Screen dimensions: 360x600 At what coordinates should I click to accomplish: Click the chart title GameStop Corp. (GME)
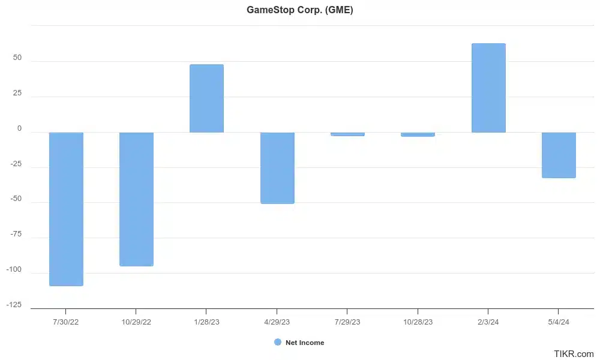pos(300,10)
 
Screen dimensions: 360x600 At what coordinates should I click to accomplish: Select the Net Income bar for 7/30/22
pos(66,209)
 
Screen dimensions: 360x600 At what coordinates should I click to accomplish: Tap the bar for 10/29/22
pos(136,199)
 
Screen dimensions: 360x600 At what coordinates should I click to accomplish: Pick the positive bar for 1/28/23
pos(206,98)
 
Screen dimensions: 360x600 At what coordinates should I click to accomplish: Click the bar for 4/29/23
pos(277,168)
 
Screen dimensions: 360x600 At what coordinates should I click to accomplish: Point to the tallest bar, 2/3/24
pos(488,88)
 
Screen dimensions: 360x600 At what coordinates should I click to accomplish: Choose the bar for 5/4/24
pos(559,155)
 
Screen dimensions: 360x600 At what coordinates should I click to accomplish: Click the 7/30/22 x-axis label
pos(66,322)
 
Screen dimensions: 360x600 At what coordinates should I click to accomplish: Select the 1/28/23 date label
pos(206,322)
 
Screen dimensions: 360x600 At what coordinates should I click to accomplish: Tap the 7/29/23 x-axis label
pos(347,322)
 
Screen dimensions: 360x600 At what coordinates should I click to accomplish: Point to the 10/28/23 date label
pos(418,322)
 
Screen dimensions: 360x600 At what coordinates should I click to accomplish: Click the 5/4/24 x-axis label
pos(559,322)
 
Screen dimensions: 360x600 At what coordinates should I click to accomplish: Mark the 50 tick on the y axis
pos(17,58)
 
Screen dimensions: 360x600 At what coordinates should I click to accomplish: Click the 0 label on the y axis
pos(19,128)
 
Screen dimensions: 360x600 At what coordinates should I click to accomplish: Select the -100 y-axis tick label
pos(14,269)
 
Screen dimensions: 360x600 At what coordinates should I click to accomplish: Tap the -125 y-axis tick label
pos(14,305)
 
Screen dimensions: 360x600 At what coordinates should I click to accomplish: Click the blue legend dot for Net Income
pos(278,342)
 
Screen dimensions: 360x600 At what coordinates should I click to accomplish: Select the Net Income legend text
pos(305,343)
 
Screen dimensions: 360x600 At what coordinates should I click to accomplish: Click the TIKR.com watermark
pos(574,354)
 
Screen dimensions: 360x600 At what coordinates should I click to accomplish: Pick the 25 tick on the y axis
pos(17,93)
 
